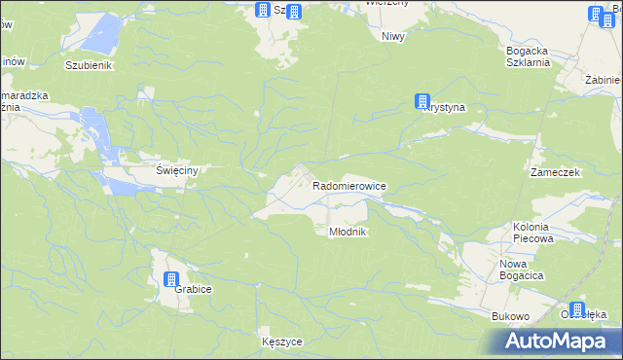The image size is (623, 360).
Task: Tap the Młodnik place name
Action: click(x=346, y=232)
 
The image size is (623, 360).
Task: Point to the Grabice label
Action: click(x=194, y=289)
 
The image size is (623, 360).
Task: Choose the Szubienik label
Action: click(x=90, y=65)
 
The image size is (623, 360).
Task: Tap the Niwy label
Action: click(x=393, y=36)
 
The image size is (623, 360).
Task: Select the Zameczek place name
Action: click(x=555, y=171)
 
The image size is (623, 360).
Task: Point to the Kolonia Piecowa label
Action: click(x=532, y=232)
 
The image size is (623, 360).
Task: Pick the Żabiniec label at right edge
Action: click(x=604, y=80)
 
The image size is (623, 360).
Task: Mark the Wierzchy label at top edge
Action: click(x=386, y=3)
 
